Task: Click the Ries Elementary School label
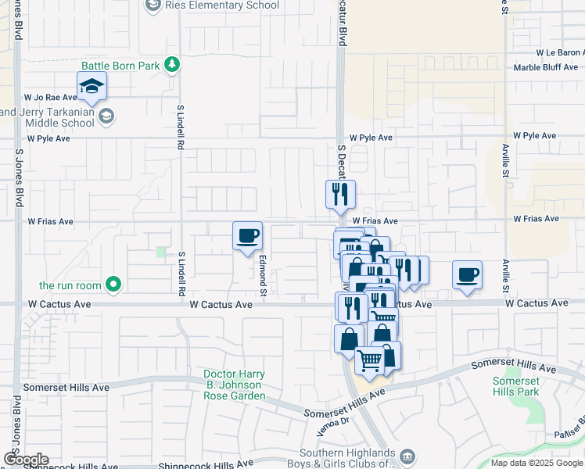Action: click(221, 5)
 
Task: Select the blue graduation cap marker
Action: click(92, 87)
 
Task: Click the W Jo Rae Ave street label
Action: click(50, 98)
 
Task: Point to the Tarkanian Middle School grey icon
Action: click(106, 116)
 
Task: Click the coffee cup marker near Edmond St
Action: click(247, 236)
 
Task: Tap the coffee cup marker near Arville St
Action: click(467, 275)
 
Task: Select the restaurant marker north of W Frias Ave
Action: click(340, 195)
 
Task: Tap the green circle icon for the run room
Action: click(114, 284)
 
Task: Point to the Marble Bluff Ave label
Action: click(547, 67)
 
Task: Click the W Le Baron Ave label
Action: click(560, 52)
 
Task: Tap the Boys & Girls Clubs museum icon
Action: click(406, 456)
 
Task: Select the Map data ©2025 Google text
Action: click(537, 463)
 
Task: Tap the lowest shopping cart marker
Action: click(370, 361)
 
